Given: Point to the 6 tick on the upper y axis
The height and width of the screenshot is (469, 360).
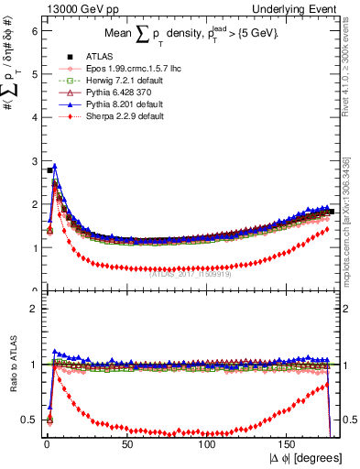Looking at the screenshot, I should pyautogui.click(x=33, y=30).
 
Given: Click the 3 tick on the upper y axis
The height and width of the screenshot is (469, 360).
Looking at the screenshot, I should pyautogui.click(x=33, y=161).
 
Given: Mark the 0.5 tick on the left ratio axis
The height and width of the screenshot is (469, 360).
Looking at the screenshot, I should pyautogui.click(x=29, y=420).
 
